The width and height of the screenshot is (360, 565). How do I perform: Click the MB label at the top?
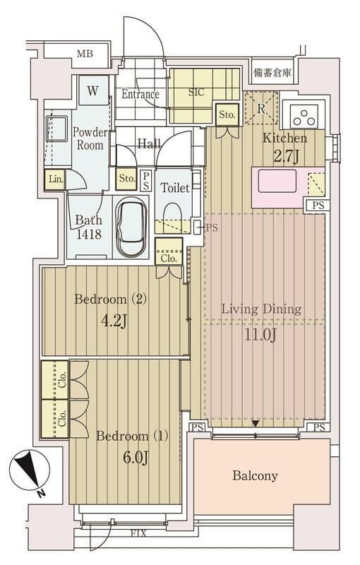[x=85, y=54]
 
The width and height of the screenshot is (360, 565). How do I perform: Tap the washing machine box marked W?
[x=93, y=90]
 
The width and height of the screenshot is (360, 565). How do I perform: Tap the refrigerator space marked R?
[x=261, y=109]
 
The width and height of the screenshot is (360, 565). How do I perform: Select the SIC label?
[x=196, y=93]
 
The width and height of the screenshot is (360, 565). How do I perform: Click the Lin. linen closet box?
[x=56, y=179]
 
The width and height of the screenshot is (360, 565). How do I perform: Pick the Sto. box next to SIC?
[x=227, y=115]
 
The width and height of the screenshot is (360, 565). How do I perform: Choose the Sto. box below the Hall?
[x=127, y=179]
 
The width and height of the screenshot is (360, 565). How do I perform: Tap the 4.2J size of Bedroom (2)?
[x=114, y=320]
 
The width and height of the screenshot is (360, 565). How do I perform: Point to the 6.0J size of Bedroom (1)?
[x=136, y=458]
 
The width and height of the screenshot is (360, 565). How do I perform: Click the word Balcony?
[x=255, y=475]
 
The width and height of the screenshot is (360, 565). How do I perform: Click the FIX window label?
[x=138, y=533]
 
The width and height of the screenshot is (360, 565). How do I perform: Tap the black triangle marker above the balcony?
[x=256, y=424]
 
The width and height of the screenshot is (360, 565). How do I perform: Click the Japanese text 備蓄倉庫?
[x=272, y=73]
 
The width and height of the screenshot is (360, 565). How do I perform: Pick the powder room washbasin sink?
[x=56, y=129]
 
